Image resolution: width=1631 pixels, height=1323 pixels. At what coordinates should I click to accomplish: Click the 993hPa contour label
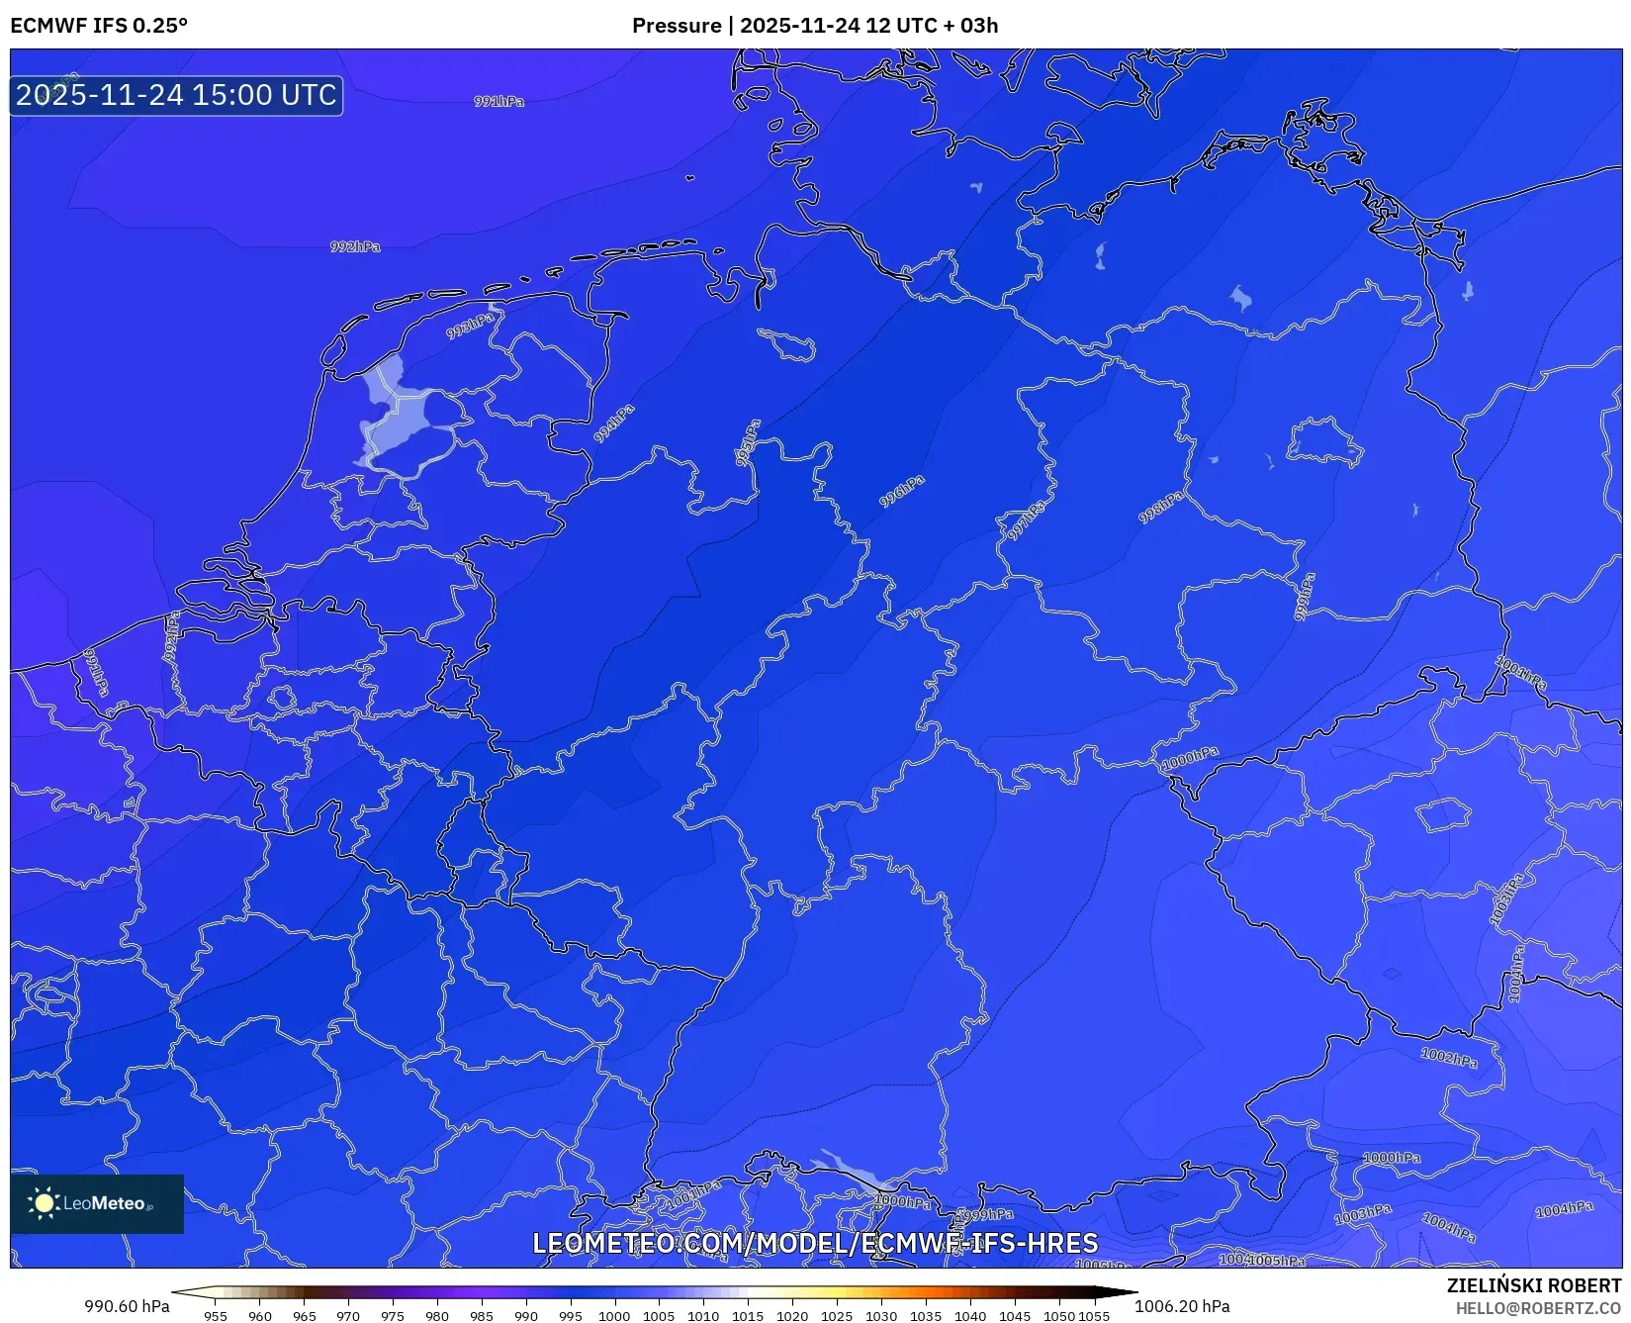click(469, 326)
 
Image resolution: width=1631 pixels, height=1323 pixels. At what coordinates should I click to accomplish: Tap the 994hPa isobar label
click(614, 424)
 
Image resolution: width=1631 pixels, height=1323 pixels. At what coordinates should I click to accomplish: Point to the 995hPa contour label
click(748, 442)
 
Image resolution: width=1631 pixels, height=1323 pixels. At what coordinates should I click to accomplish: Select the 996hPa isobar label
click(902, 491)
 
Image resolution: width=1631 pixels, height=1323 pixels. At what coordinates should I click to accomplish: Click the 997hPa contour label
click(1026, 520)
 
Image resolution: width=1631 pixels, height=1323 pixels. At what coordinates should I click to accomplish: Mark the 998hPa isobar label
click(1160, 508)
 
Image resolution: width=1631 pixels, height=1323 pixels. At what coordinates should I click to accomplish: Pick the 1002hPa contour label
click(1449, 1058)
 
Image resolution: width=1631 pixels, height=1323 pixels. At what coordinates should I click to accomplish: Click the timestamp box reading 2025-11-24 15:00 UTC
click(176, 95)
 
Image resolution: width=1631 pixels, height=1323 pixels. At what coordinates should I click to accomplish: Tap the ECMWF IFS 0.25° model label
click(99, 26)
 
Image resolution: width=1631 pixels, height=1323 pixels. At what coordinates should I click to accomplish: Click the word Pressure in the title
click(677, 26)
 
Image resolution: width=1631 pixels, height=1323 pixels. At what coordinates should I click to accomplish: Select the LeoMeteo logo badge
click(97, 1203)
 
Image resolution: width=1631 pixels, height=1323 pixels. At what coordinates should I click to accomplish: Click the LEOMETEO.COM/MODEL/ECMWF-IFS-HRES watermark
click(815, 1243)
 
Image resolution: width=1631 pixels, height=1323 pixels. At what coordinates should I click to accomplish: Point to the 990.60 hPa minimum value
click(127, 1306)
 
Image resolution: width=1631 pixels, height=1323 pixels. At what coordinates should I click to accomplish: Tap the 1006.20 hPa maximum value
click(1182, 1306)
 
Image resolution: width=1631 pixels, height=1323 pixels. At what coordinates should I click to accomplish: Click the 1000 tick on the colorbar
click(614, 1316)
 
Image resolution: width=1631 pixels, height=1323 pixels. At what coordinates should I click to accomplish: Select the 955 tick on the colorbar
click(216, 1316)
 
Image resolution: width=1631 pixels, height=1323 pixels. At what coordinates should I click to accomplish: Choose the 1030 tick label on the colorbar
click(881, 1316)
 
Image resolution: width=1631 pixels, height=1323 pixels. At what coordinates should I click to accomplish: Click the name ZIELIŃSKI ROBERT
click(1534, 1285)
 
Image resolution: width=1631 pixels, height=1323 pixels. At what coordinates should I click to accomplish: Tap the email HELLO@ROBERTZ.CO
click(1538, 1308)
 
